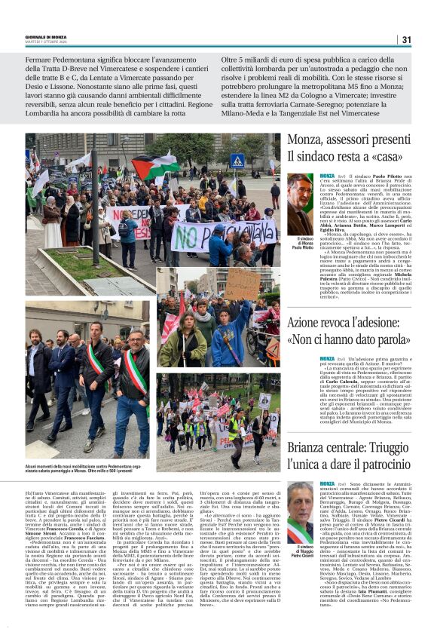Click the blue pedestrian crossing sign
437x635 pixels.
click(x=237, y=161)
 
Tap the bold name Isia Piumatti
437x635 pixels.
click(x=359, y=594)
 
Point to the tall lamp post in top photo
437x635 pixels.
click(x=96, y=196)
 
